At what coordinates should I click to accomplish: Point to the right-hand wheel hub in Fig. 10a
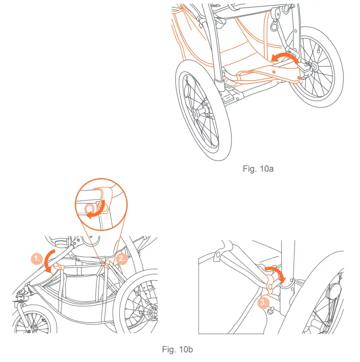[x=311, y=67]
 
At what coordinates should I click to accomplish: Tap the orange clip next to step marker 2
[x=108, y=264]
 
